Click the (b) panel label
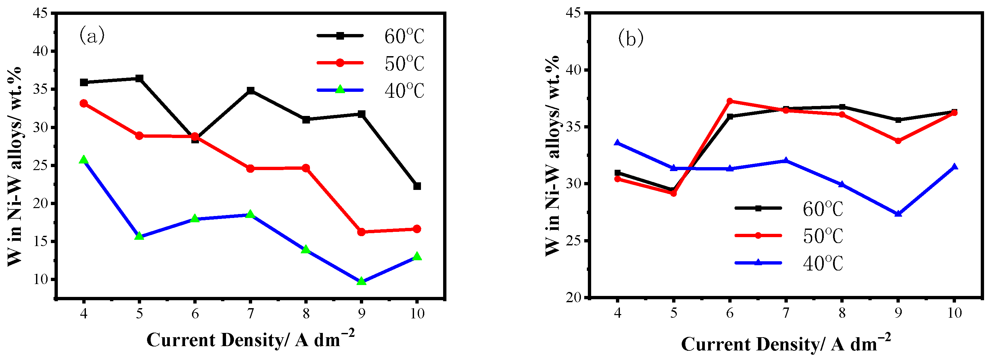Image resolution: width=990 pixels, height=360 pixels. [630, 39]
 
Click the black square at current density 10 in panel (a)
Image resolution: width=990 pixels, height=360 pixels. [417, 186]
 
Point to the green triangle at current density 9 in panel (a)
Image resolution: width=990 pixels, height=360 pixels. [361, 281]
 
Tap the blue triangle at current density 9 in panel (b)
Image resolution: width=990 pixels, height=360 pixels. [898, 214]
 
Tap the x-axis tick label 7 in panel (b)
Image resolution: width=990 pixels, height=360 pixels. [785, 313]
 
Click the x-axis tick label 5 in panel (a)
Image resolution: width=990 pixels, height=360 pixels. [139, 314]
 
